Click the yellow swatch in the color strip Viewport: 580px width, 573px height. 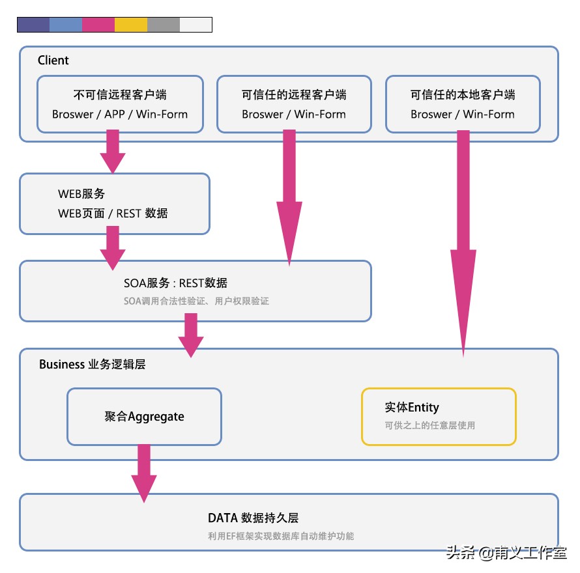[130, 25]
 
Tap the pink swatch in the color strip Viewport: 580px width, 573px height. [98, 25]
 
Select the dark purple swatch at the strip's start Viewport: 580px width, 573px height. [33, 25]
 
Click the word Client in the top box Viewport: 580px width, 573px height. [53, 61]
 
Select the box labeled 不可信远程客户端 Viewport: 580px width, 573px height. [120, 104]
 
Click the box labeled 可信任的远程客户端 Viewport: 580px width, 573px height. [294, 104]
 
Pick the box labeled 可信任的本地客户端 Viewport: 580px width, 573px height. [463, 104]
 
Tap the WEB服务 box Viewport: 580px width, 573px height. [115, 204]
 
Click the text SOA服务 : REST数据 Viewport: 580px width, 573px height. [175, 283]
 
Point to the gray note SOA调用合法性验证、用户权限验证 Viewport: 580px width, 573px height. [196, 301]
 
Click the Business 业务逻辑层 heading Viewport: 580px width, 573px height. [92, 365]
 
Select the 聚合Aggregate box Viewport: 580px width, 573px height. [144, 417]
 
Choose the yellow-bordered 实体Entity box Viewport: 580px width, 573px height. [439, 417]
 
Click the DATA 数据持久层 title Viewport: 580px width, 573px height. [253, 518]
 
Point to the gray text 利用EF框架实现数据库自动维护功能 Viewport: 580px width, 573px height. [281, 536]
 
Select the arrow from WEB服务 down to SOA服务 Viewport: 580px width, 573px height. [113, 247]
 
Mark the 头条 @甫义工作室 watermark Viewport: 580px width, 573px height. [506, 553]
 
